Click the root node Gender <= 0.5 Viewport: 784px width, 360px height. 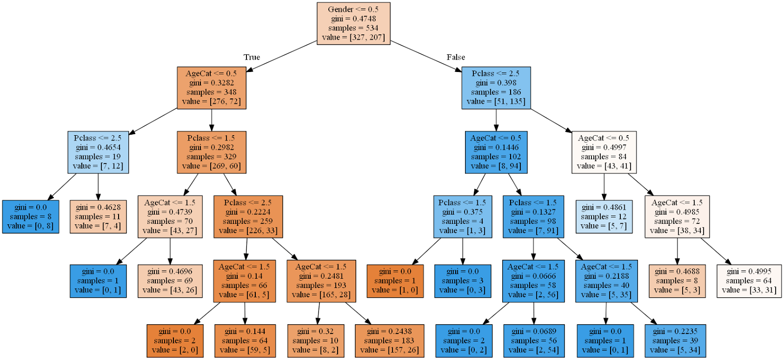(353, 23)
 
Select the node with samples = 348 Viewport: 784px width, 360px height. (211, 87)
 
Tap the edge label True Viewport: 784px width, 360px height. (252, 57)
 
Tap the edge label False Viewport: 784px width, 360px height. (456, 57)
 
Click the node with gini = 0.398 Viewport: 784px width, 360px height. (496, 87)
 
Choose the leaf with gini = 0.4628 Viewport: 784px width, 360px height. (98, 216)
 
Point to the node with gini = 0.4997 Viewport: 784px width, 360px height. (604, 152)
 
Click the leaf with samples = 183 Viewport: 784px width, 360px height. (389, 340)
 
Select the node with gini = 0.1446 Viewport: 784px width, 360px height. (496, 152)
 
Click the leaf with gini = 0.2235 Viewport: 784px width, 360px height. (675, 340)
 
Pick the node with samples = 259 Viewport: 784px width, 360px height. (248, 216)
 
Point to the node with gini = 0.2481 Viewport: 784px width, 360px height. (321, 281)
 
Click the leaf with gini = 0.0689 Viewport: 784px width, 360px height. (534, 340)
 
